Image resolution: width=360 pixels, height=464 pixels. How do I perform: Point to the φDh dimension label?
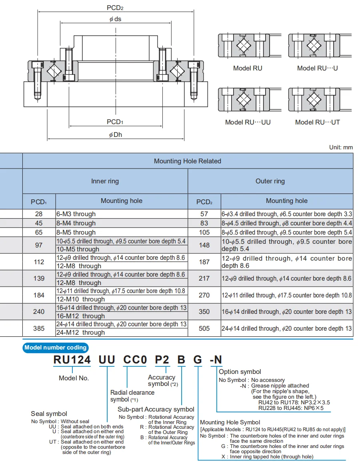pos(116,135)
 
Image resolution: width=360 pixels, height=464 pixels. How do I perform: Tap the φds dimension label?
pos(116,19)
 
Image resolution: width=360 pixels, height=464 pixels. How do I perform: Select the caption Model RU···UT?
pos(318,122)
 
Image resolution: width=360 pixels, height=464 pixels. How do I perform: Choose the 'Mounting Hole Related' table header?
pos(188,161)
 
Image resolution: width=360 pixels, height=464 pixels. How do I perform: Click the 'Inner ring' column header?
pos(105,181)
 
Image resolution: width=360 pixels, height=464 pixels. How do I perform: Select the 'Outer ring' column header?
pos(270,181)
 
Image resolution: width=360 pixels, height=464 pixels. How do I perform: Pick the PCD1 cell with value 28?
pos(39,214)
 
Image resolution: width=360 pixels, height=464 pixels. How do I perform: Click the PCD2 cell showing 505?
pos(204,329)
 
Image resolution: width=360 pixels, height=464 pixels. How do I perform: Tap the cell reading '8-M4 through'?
pos(76,223)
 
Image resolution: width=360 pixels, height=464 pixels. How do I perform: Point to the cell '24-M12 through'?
pos(80,333)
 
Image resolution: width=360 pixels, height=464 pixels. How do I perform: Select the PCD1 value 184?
pos(39,295)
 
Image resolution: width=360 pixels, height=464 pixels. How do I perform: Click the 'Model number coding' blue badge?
pos(55,347)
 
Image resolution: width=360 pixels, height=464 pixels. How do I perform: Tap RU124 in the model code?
pos(72,360)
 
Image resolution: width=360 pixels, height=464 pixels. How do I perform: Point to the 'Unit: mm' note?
pos(341,147)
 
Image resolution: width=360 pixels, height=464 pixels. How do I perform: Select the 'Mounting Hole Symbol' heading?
pos(230,422)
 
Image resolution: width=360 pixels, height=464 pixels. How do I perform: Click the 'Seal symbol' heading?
pos(49,414)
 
